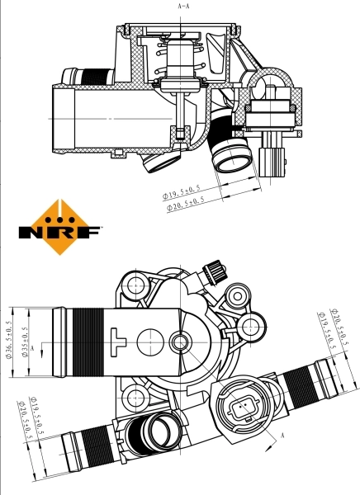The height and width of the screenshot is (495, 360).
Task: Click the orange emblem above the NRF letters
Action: (59, 212)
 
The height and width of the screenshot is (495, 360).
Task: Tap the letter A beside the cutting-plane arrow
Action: (282, 435)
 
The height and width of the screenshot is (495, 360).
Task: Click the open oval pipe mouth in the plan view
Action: (158, 431)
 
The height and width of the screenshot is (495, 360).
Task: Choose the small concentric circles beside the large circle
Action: (181, 341)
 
